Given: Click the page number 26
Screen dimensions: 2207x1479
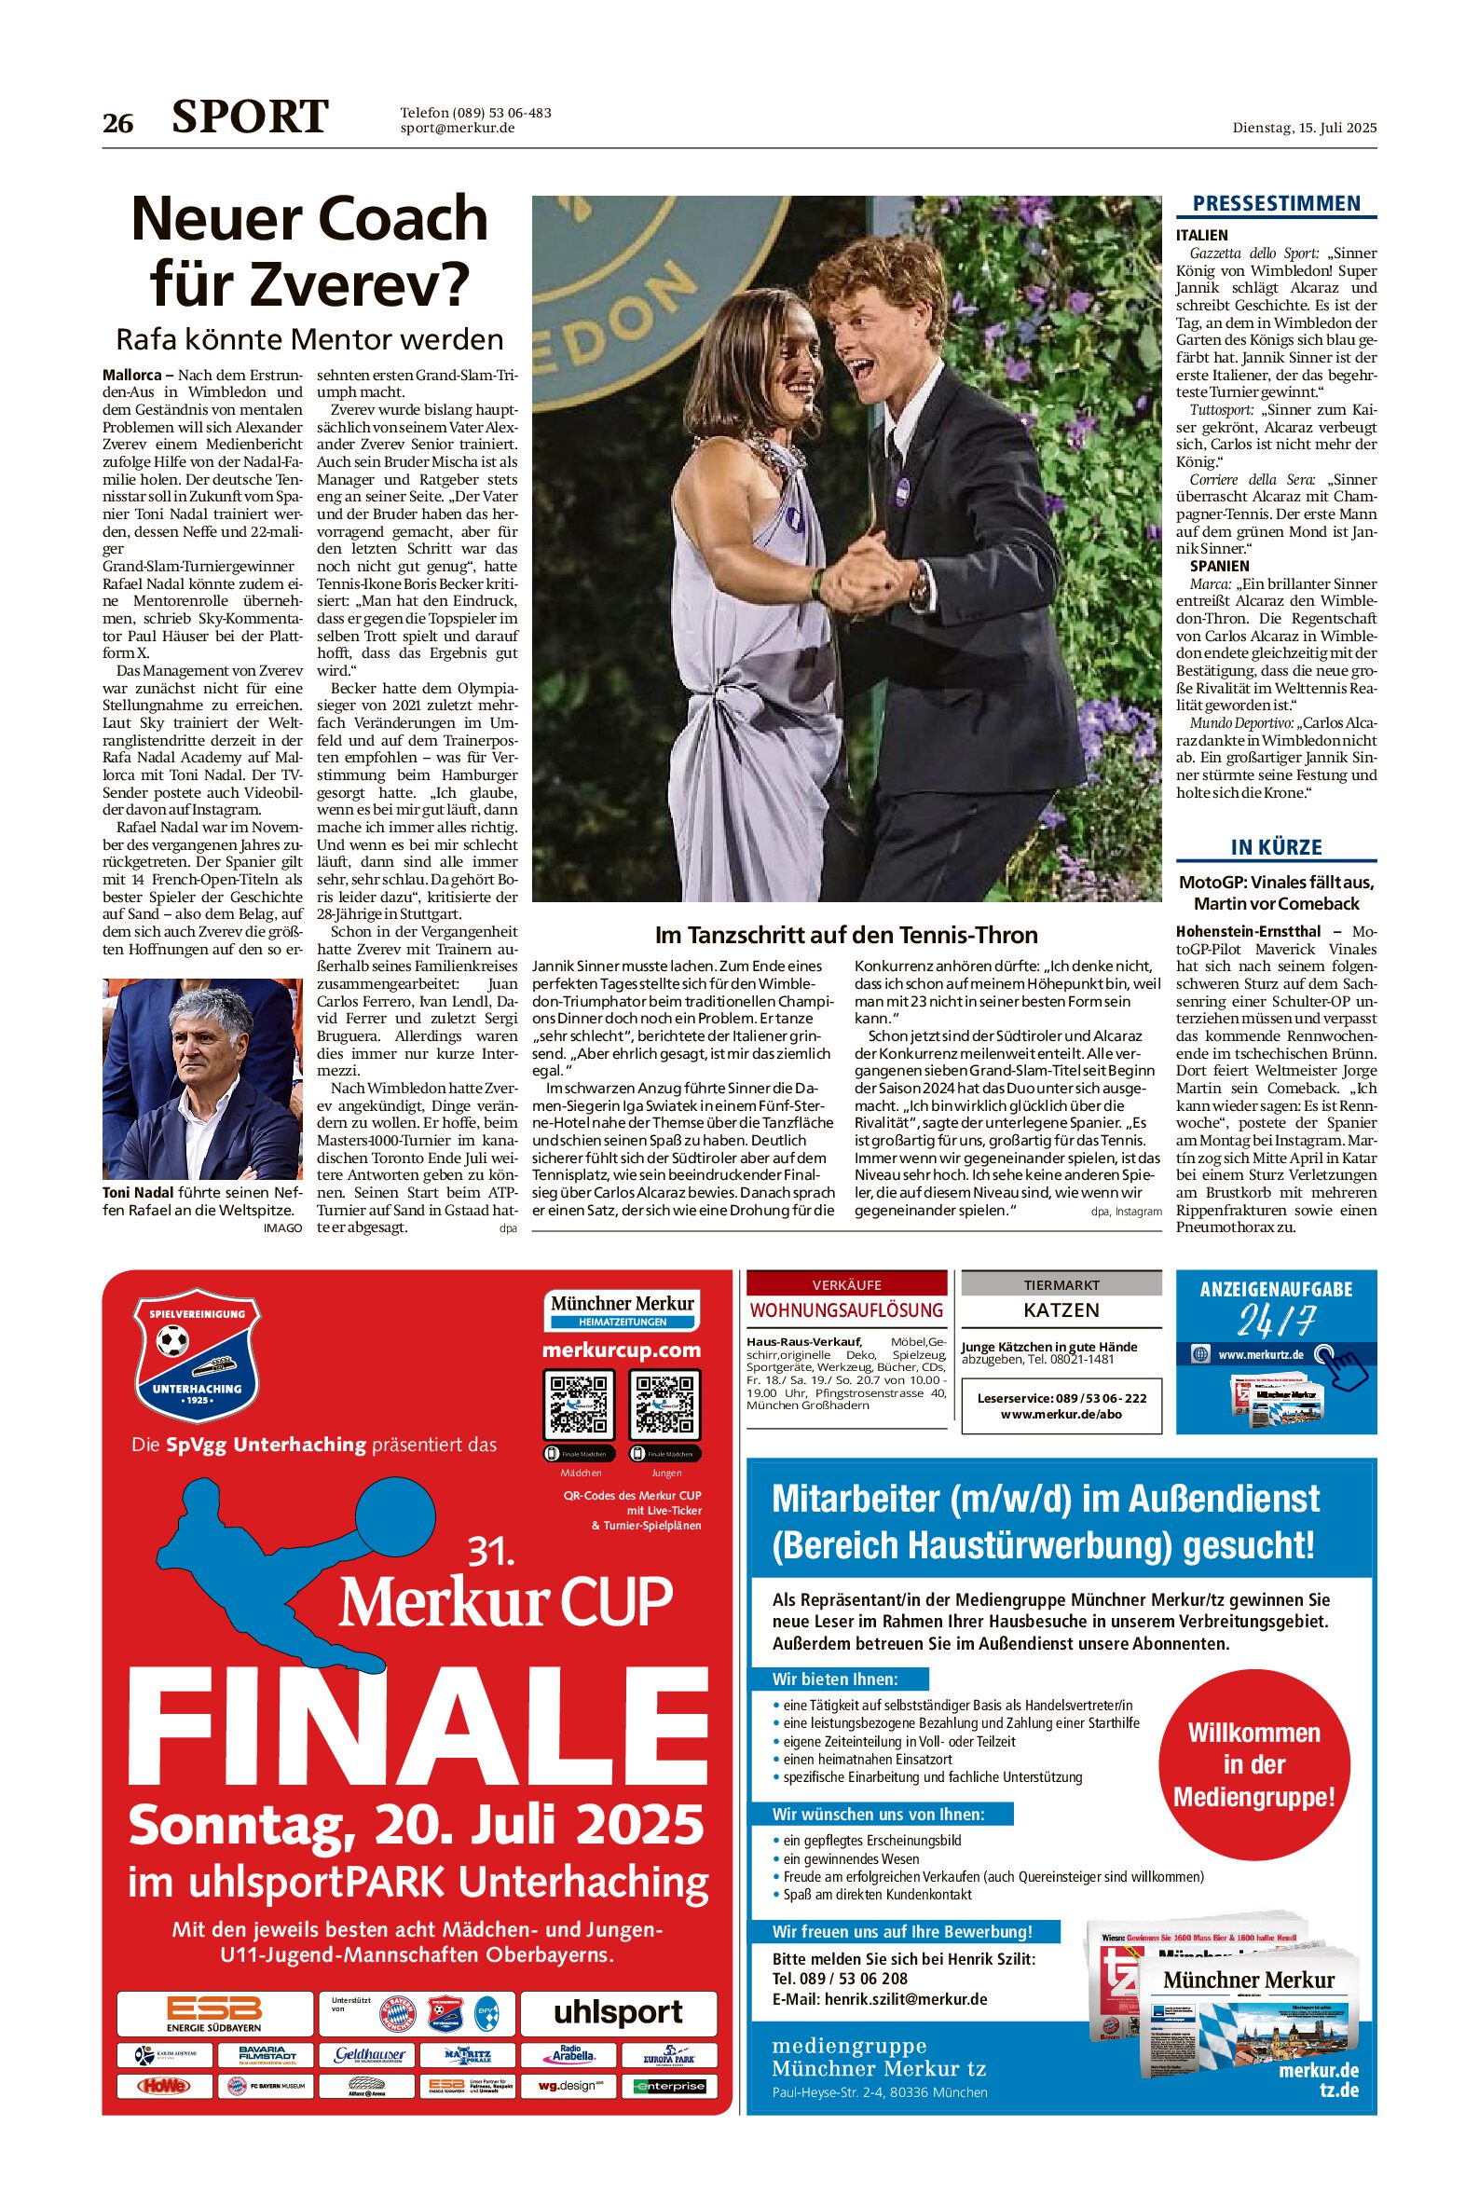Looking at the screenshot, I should pyautogui.click(x=118, y=124).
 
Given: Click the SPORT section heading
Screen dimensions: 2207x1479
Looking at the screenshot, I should pyautogui.click(x=250, y=117).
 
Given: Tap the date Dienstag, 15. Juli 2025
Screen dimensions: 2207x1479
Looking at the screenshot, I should pyautogui.click(x=1304, y=128).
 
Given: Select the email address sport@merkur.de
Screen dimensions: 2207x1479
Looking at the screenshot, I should pyautogui.click(x=457, y=129).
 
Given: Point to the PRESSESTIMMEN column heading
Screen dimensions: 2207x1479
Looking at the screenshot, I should pyautogui.click(x=1275, y=204).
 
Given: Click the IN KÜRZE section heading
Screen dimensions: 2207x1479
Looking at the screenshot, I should pyautogui.click(x=1275, y=847).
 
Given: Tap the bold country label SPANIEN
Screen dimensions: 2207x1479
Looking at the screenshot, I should pyautogui.click(x=1219, y=566).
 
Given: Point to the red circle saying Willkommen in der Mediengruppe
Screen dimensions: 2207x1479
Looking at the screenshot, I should pyautogui.click(x=1253, y=1763).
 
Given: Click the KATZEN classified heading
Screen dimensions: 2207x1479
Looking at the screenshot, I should pyautogui.click(x=1061, y=1310).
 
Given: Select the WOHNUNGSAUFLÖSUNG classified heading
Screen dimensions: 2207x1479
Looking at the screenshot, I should pyautogui.click(x=846, y=1310).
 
